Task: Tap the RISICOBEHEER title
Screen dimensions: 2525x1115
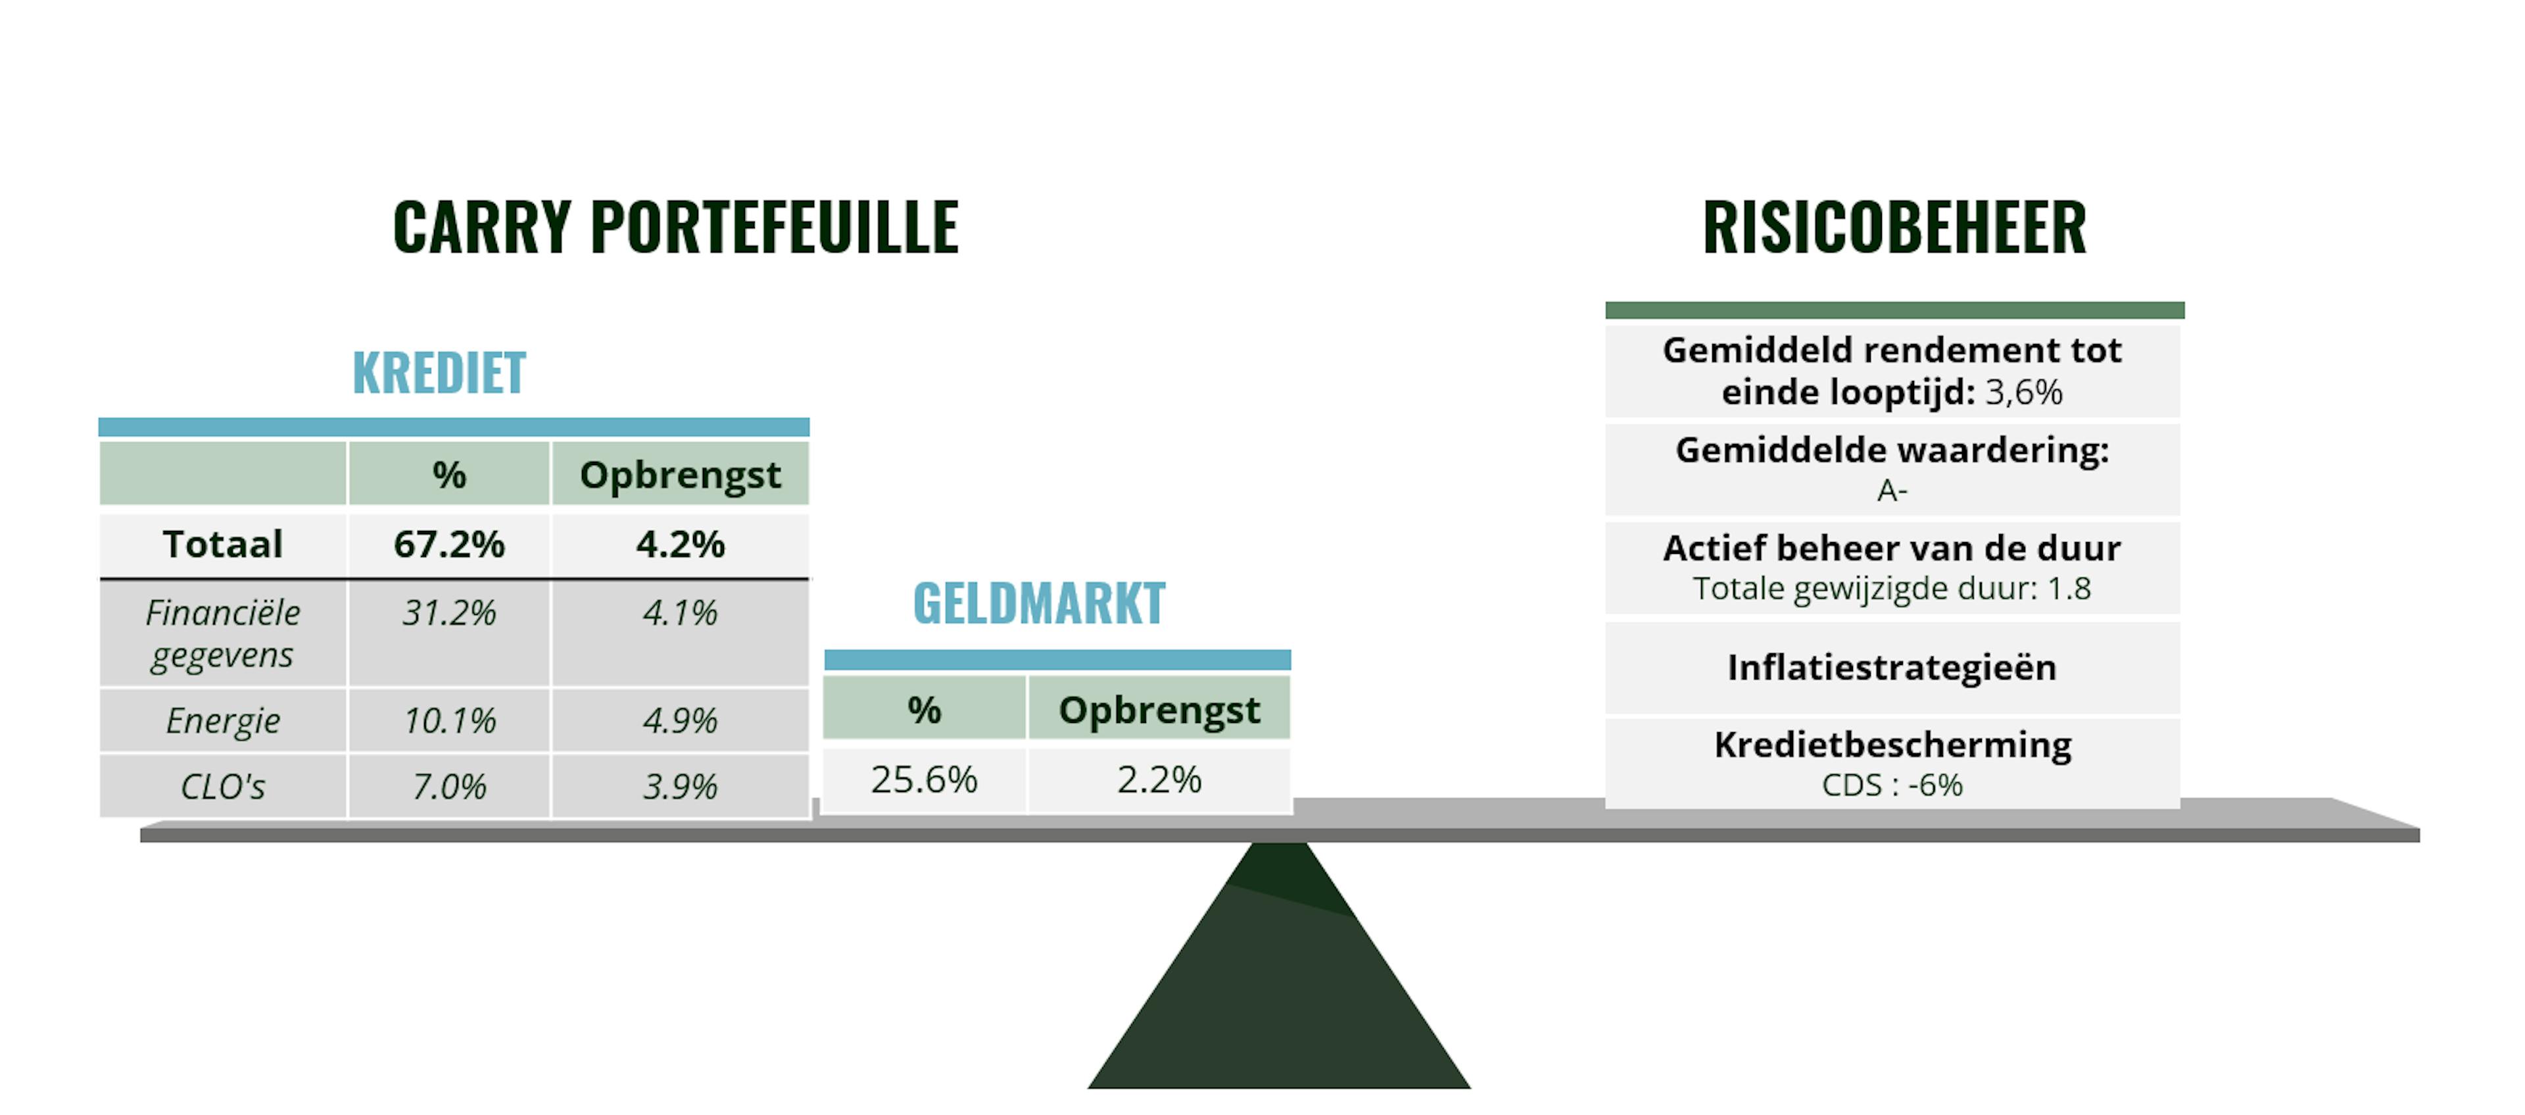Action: point(1894,228)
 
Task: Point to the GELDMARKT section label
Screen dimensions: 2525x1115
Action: point(1039,603)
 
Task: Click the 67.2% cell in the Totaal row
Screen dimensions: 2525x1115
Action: point(449,544)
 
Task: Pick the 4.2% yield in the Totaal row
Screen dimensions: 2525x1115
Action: point(681,544)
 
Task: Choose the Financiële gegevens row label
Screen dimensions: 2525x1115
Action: point(222,633)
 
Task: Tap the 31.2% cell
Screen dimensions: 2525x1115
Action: point(449,613)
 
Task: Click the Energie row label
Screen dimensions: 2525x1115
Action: point(222,722)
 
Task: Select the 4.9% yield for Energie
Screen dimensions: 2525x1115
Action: point(681,721)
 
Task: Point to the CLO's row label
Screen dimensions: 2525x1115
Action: point(222,787)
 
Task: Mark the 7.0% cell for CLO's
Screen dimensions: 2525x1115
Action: point(449,787)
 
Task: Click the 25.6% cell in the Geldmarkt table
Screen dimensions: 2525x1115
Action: point(925,780)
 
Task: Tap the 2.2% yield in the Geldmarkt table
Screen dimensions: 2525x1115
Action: point(1159,780)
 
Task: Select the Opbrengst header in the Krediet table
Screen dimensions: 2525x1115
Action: point(681,476)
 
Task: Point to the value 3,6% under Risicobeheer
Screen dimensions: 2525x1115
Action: point(2024,392)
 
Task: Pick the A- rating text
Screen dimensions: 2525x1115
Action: point(1892,490)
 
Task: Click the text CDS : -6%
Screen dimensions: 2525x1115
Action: point(1892,785)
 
